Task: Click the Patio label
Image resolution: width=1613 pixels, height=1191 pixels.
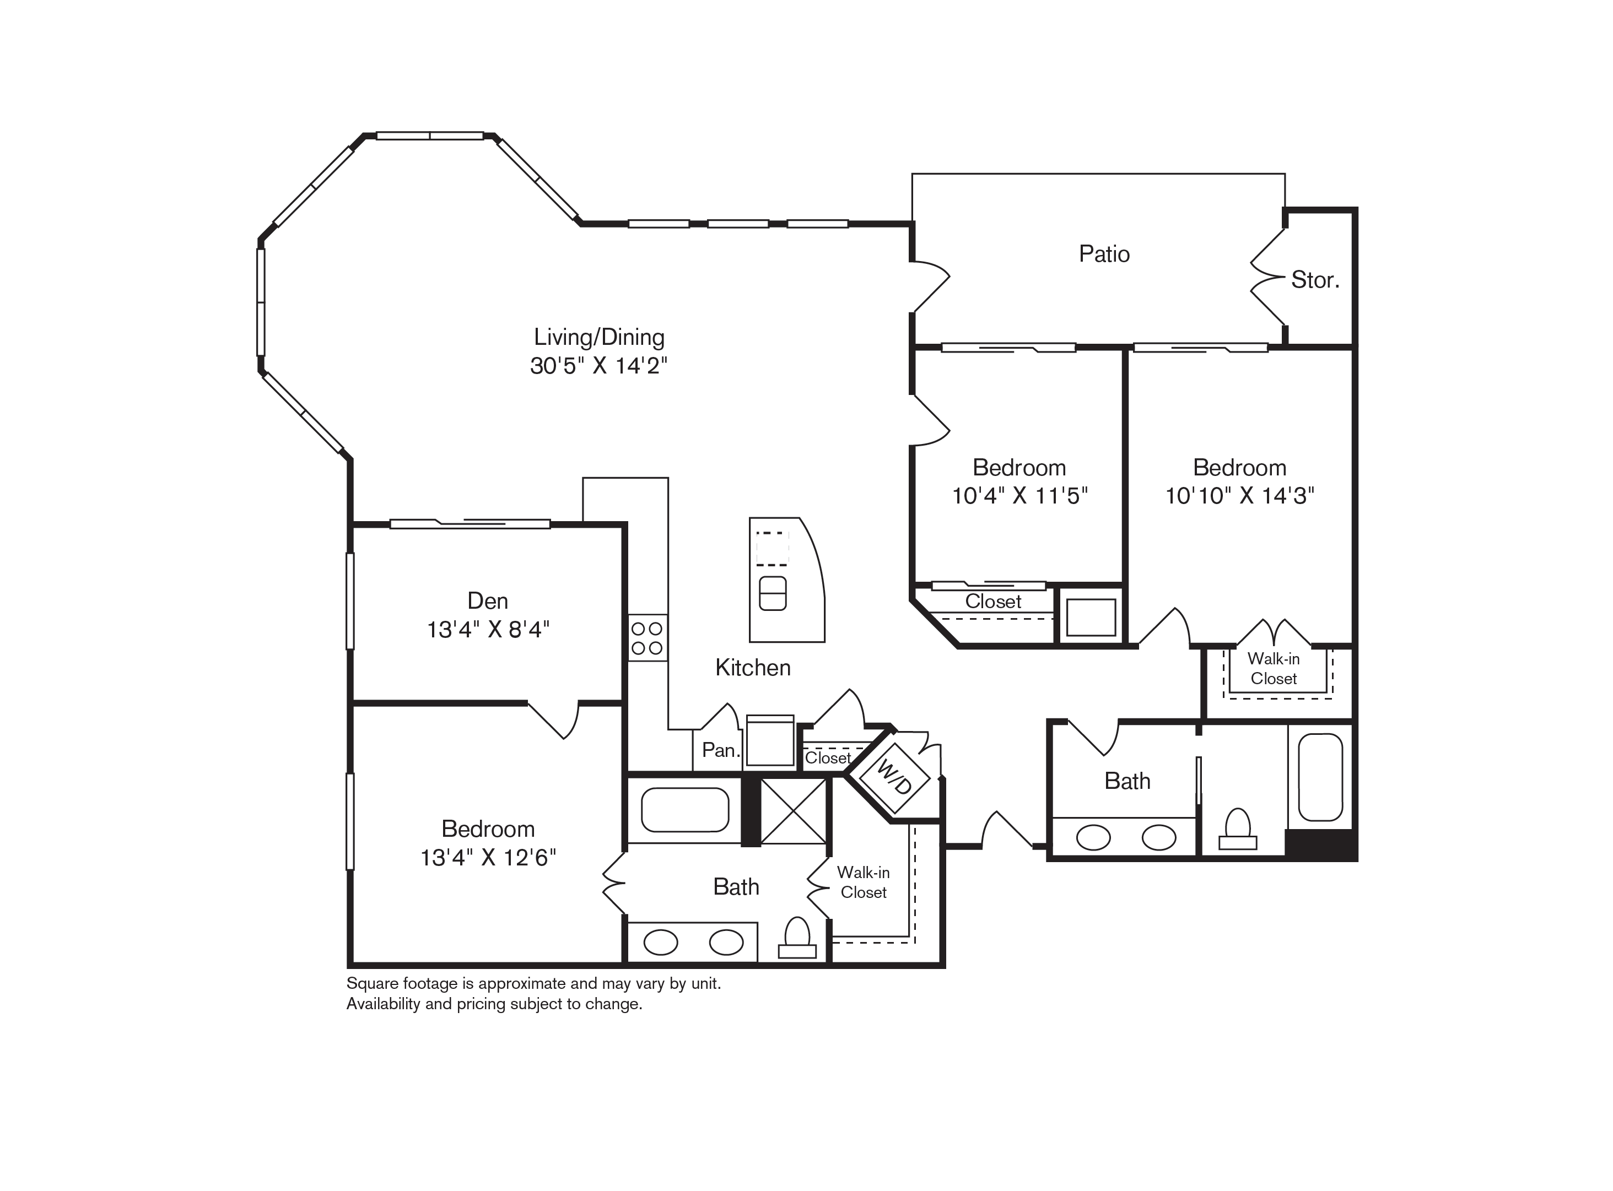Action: click(x=1104, y=254)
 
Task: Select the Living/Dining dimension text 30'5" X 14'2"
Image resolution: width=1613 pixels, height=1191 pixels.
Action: click(x=598, y=366)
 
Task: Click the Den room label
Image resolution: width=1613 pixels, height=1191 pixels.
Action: click(x=488, y=600)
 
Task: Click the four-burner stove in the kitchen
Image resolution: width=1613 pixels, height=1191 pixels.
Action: click(x=648, y=638)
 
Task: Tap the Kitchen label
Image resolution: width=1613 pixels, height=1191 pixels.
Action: click(x=753, y=668)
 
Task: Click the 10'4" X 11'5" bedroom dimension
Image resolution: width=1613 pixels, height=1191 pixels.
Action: click(x=1019, y=495)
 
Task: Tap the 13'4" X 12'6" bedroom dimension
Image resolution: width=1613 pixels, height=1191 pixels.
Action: click(x=488, y=857)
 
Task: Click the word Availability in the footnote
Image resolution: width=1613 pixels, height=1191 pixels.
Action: click(x=383, y=1004)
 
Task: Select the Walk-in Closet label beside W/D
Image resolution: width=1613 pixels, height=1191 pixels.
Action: click(x=863, y=883)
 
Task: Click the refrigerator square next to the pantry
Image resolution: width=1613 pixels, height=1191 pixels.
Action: click(x=770, y=740)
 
